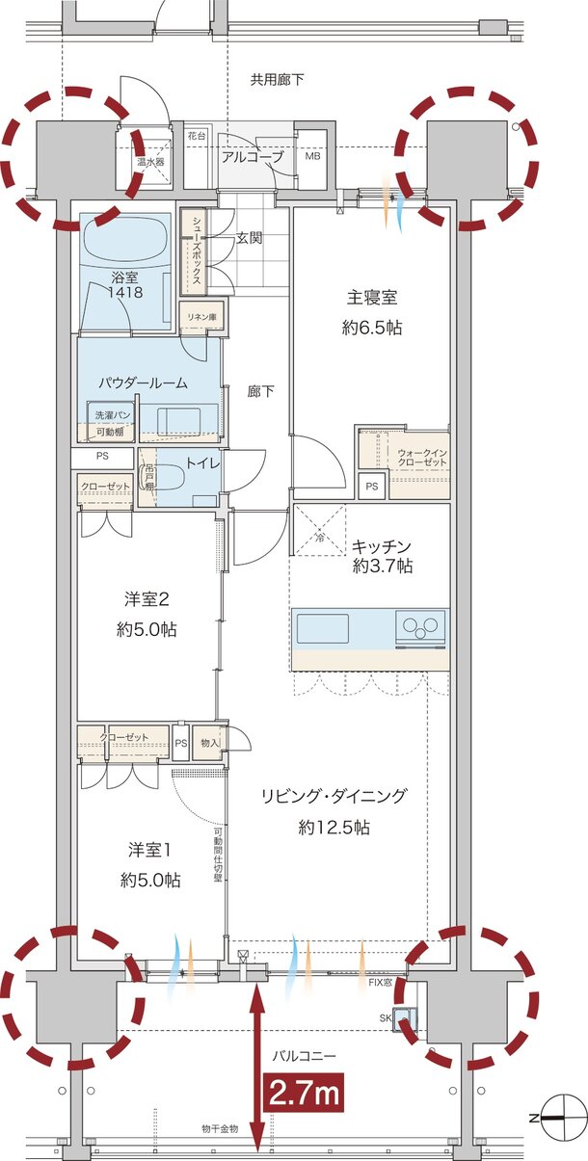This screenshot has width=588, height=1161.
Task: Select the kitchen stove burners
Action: point(420,627)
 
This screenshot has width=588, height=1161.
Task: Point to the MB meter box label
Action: point(313,156)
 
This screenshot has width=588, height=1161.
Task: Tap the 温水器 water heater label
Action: point(151,162)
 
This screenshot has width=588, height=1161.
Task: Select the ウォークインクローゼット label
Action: point(421,458)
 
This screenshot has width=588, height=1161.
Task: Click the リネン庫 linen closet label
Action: point(201,316)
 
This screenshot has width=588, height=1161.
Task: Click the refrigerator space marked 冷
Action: point(320,533)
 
